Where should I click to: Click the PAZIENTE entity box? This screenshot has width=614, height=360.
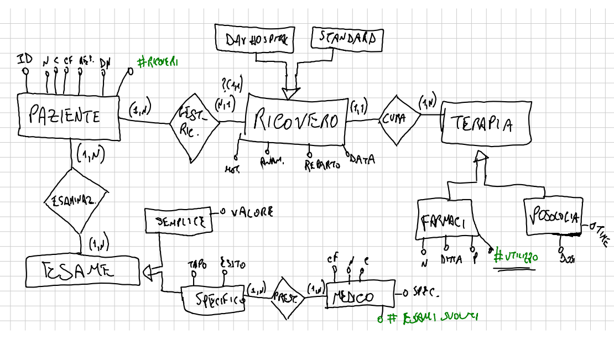click(x=69, y=116)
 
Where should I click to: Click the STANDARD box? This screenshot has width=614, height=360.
click(x=347, y=38)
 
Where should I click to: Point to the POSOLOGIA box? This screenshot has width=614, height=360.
click(x=553, y=216)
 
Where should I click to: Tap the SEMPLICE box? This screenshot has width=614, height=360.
click(x=178, y=221)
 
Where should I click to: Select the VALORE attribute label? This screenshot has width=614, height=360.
click(x=251, y=212)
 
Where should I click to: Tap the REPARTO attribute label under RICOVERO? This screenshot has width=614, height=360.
click(x=322, y=165)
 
